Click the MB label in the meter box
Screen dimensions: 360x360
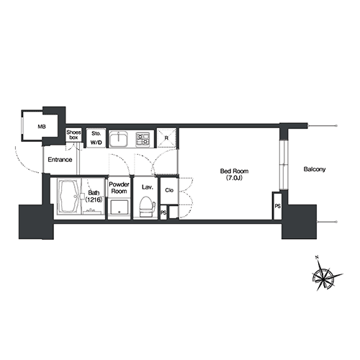click(x=42, y=127)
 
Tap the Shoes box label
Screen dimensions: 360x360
click(x=73, y=135)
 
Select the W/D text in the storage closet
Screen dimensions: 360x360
click(x=96, y=143)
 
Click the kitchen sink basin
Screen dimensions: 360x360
click(x=119, y=139)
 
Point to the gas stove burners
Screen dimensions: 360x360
click(x=142, y=139)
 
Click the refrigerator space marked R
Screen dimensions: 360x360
click(x=166, y=138)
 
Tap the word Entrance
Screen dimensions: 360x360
click(x=60, y=160)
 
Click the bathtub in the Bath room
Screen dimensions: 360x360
click(x=69, y=197)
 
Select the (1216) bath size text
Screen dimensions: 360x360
click(x=94, y=199)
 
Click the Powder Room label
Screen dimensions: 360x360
click(x=119, y=188)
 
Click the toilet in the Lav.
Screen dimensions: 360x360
click(x=147, y=207)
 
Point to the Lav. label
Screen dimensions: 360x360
click(x=147, y=187)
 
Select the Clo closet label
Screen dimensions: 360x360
click(x=169, y=190)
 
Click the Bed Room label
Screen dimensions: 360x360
click(x=234, y=171)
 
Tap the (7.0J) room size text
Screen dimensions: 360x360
click(x=234, y=178)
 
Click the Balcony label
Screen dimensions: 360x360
click(x=315, y=169)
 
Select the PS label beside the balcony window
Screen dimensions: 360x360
click(x=278, y=206)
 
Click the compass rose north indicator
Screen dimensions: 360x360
click(x=318, y=258)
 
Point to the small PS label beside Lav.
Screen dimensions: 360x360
click(x=163, y=212)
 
